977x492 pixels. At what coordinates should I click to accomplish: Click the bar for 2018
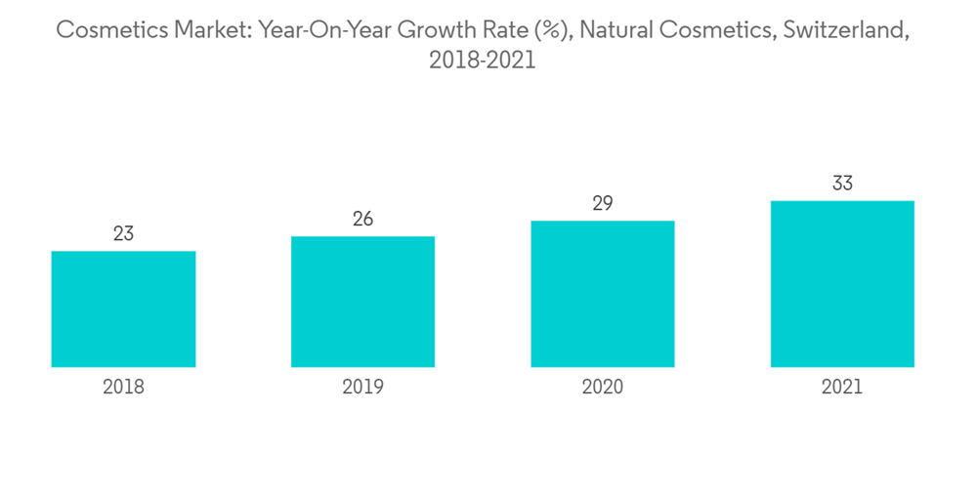point(123,308)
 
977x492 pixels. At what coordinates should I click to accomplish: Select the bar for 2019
point(362,302)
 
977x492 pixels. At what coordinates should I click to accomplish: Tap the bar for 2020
point(602,294)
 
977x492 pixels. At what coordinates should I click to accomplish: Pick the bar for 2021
point(842,284)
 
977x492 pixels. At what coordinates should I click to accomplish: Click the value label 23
point(123,234)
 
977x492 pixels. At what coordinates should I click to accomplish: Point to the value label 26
point(362,219)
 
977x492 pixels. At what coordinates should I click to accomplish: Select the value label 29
point(602,203)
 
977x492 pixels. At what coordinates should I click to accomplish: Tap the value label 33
point(842,184)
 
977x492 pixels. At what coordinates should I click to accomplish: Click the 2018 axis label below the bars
point(123,388)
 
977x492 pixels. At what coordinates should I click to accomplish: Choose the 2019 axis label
point(362,388)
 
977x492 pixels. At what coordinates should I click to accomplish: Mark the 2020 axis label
point(602,388)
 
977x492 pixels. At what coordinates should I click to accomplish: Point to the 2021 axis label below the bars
point(842,388)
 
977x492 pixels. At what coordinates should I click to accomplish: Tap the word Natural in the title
point(617,30)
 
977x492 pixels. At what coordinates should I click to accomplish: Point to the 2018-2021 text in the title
point(482,61)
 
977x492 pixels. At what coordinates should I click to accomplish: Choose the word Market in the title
point(207,30)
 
